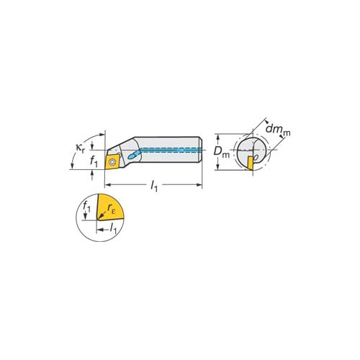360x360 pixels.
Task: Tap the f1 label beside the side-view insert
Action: pyautogui.click(x=94, y=161)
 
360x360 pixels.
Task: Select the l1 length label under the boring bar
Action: pyautogui.click(x=154, y=186)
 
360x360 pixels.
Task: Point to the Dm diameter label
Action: pyautogui.click(x=221, y=152)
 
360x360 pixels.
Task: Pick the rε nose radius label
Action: pyautogui.click(x=112, y=208)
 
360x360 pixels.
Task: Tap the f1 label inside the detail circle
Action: pyautogui.click(x=86, y=207)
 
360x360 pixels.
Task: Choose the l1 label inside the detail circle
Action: pyautogui.click(x=113, y=228)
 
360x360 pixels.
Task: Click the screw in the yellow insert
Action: pyautogui.click(x=112, y=161)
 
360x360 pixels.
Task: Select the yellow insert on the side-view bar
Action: pyautogui.click(x=112, y=161)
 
